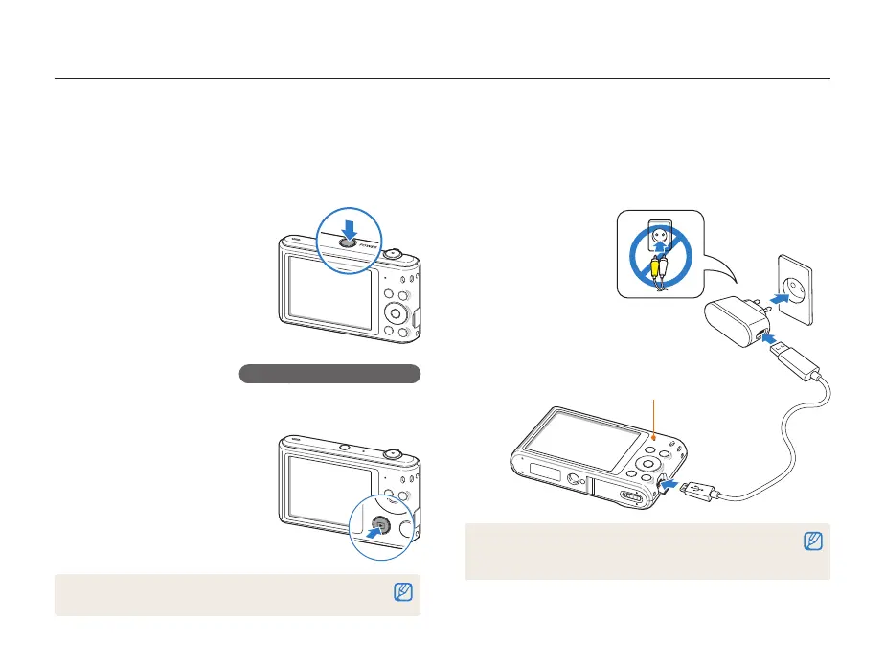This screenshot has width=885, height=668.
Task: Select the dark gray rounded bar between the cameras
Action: (x=329, y=374)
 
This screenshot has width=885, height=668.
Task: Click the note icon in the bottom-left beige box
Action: (x=403, y=594)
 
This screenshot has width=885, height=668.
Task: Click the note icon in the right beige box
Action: (x=812, y=543)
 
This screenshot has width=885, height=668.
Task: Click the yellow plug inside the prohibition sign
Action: (x=655, y=270)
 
